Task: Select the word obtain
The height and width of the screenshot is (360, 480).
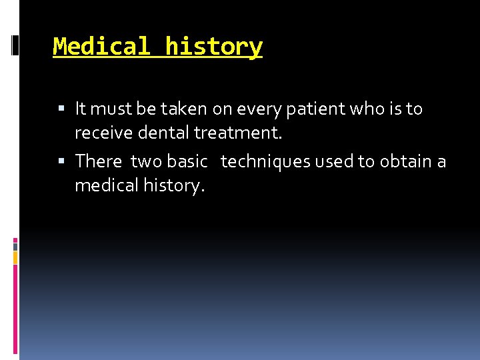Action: click(405, 161)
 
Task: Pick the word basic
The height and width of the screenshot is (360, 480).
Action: click(187, 161)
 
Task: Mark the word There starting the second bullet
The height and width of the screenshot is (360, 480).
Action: click(99, 161)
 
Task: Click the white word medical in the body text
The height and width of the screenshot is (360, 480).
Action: click(107, 186)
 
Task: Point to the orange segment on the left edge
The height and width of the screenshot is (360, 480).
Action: click(15, 257)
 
